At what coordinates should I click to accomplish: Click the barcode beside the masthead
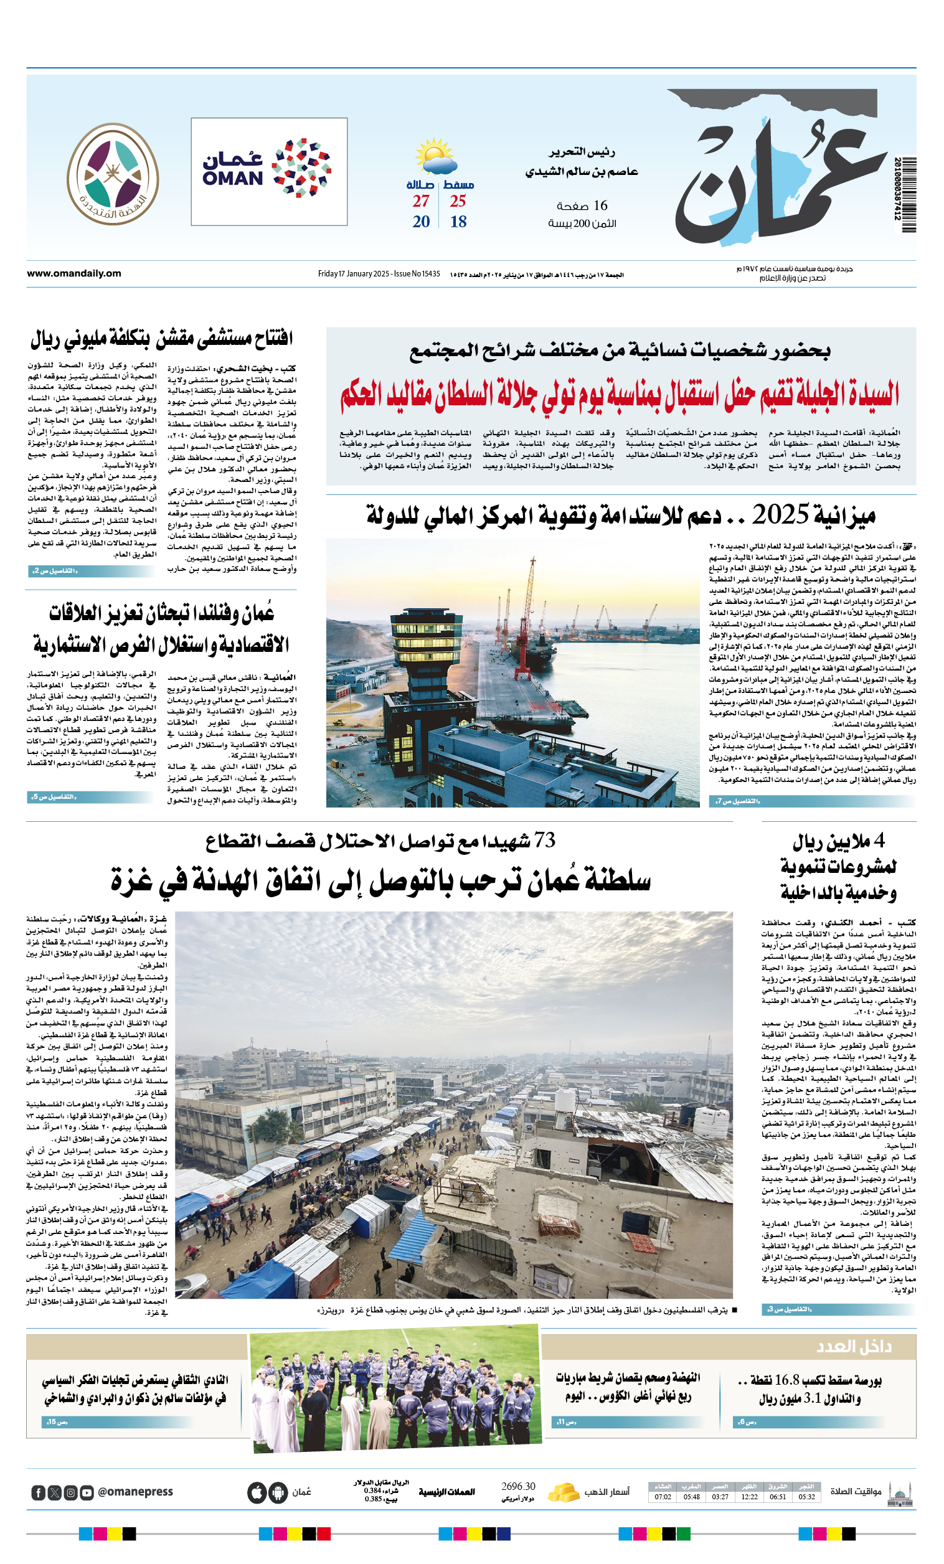click(x=909, y=194)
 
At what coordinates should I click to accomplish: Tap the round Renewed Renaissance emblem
click(x=113, y=173)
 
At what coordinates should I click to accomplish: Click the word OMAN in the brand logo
click(x=232, y=179)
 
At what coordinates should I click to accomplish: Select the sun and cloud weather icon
click(x=436, y=156)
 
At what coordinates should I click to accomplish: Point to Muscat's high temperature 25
click(x=458, y=201)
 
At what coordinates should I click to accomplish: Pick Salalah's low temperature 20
click(x=421, y=222)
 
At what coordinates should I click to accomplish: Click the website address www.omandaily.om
click(x=73, y=273)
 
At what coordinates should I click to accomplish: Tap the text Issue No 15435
click(x=417, y=274)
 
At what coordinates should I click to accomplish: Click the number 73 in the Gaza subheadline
click(x=544, y=841)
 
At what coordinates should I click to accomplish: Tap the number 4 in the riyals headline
click(x=879, y=841)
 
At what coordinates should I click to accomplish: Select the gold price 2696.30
click(x=518, y=1487)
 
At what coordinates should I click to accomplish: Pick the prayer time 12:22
click(x=749, y=1497)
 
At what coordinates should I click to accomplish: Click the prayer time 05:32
click(x=806, y=1497)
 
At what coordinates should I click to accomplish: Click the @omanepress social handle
click(x=135, y=1492)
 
